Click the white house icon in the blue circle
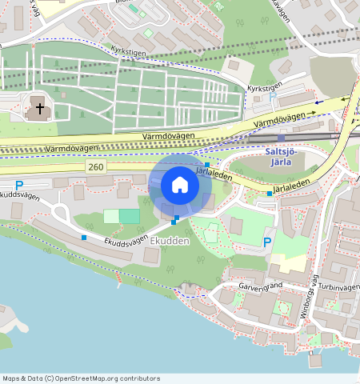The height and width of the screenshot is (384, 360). pyautogui.click(x=180, y=185)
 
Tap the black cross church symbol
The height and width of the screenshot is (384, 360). pyautogui.click(x=38, y=106)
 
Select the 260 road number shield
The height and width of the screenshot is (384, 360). pyautogui.click(x=96, y=166)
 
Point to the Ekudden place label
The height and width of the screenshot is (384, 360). pyautogui.click(x=168, y=240)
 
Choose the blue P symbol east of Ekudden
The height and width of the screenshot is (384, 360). pyautogui.click(x=267, y=242)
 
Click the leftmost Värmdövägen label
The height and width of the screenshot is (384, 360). pyautogui.click(x=72, y=147)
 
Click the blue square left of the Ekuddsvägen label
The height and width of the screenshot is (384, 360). pyautogui.click(x=84, y=237)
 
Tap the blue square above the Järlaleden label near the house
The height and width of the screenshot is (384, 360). pyautogui.click(x=206, y=164)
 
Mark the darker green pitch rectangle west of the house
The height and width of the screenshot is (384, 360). pyautogui.click(x=129, y=216)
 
